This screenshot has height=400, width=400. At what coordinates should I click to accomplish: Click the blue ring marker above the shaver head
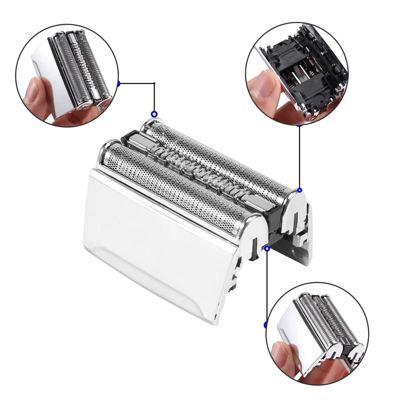154,114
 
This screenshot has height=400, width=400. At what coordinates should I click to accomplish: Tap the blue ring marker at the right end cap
299,190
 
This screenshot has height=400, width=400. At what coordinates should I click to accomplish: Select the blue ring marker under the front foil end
267,248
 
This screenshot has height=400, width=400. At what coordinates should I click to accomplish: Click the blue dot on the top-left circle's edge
118,83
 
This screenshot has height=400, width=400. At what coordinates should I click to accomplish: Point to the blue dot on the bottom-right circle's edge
266,324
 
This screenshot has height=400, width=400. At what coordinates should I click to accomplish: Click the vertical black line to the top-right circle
299,157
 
